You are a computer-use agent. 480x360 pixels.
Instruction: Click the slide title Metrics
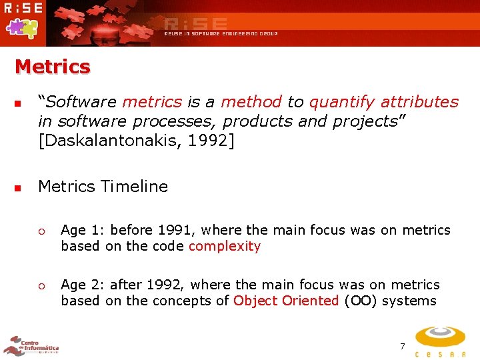[x=52, y=67]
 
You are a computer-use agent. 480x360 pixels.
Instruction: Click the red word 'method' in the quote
[x=251, y=102]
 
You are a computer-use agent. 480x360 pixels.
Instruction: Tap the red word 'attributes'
[x=419, y=102]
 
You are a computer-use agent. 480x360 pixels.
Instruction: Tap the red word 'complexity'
[x=225, y=246]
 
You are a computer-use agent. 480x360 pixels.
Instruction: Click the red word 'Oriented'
[x=311, y=301]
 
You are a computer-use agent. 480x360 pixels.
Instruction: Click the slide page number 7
[x=402, y=346]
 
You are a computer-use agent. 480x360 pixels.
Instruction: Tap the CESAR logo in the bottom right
[x=441, y=341]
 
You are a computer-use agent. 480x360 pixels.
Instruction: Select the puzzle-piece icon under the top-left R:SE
[x=21, y=27]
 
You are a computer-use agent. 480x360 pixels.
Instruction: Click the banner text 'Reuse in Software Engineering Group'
[x=221, y=33]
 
